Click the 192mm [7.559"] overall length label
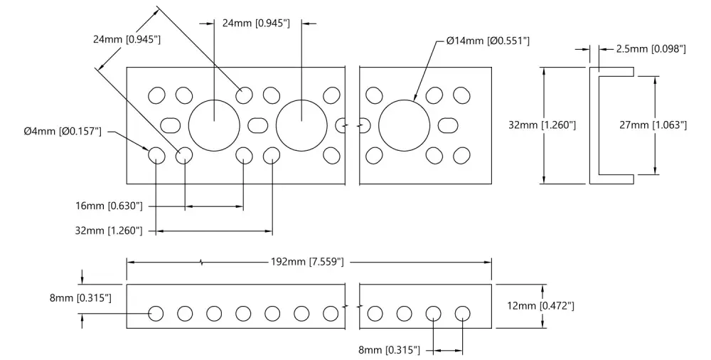pyautogui.click(x=307, y=262)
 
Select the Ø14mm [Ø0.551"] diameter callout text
pyautogui.click(x=488, y=41)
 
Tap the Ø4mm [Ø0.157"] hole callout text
pyautogui.click(x=63, y=132)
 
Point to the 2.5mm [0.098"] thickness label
pyautogui.click(x=651, y=49)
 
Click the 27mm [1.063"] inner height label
pyautogui.click(x=653, y=125)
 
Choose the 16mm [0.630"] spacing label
pyautogui.click(x=109, y=206)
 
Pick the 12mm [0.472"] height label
pyautogui.click(x=540, y=306)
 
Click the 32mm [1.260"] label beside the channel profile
pyautogui.click(x=542, y=125)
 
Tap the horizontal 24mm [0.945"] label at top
pyautogui.click(x=256, y=23)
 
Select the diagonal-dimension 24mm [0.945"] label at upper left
pyautogui.click(x=127, y=39)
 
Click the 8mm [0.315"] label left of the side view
pyautogui.click(x=81, y=298)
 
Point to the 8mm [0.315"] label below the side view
pyautogui.click(x=389, y=350)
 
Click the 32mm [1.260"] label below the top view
pyautogui.click(x=109, y=231)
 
